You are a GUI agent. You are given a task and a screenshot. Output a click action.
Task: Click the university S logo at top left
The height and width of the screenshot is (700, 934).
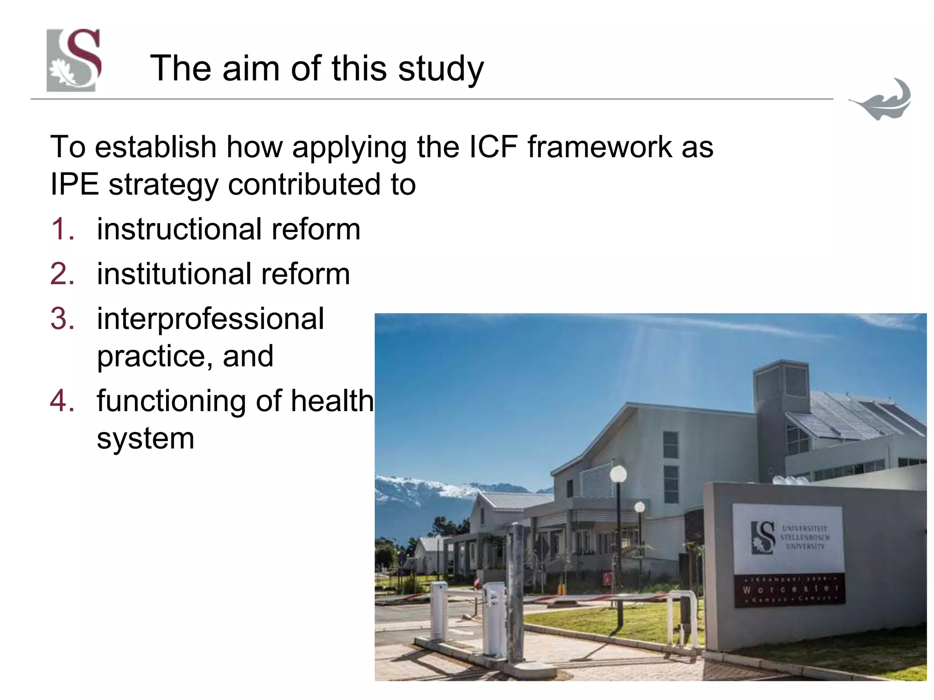coord(74,60)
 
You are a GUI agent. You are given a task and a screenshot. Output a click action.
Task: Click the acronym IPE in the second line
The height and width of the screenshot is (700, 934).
coord(74,185)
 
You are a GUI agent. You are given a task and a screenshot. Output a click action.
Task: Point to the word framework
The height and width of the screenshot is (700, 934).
coord(600,147)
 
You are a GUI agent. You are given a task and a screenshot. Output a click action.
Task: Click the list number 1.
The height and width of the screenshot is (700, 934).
coord(62,229)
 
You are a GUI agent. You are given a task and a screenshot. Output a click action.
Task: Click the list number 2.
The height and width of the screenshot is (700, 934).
coord(62,274)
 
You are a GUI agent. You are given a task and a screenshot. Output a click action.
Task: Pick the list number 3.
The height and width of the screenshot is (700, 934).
coord(62,319)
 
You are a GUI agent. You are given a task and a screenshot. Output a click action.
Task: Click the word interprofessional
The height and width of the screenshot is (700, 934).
coord(210,319)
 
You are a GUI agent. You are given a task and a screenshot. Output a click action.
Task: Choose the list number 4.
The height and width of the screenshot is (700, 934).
coord(62,401)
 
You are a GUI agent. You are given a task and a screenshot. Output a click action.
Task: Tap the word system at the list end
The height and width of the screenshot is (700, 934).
coord(145,438)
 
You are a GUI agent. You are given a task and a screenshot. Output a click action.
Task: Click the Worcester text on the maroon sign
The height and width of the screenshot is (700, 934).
coord(790,589)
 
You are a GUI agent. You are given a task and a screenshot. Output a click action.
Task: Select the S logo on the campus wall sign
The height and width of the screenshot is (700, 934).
coord(763,537)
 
